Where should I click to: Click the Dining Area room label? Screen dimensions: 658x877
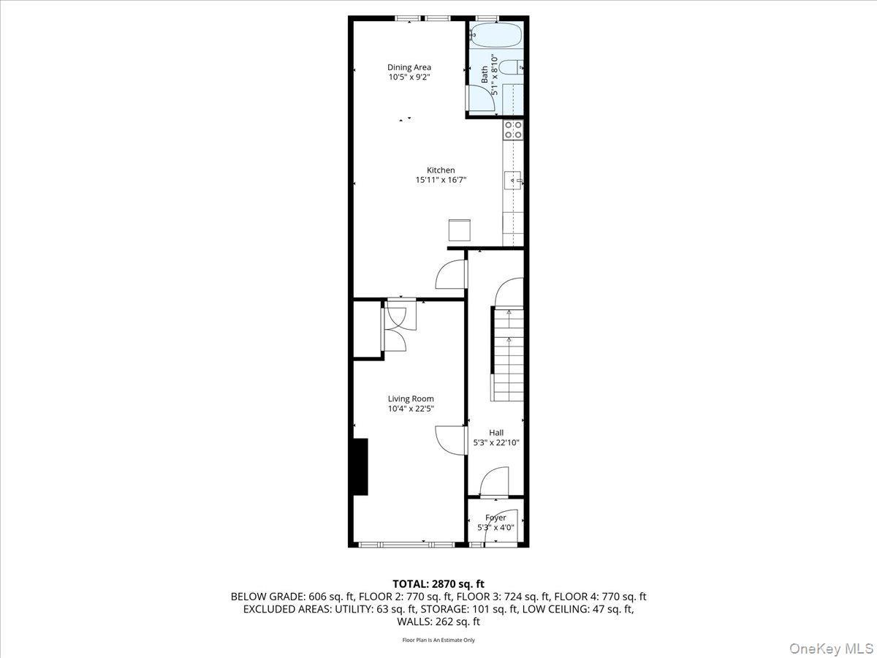[x=409, y=67]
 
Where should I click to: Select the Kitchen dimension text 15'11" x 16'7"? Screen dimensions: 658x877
[x=441, y=180]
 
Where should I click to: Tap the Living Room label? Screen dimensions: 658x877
[x=411, y=398]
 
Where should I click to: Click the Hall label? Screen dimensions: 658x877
[x=496, y=433]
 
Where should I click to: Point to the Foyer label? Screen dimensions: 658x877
[x=496, y=518]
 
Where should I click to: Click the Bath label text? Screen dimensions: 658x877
[x=484, y=74]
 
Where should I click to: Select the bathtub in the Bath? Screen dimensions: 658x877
[x=496, y=34]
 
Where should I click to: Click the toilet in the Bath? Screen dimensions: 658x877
[x=513, y=67]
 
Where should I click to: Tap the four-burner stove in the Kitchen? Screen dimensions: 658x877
[x=513, y=129]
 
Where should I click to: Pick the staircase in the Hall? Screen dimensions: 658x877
[x=508, y=354]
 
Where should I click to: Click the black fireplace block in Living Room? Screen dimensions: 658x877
[x=360, y=467]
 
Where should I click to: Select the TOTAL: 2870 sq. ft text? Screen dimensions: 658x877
[x=438, y=583]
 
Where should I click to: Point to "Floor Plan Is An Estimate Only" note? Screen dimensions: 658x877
[x=438, y=640]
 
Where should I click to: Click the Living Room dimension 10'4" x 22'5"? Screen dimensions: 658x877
[x=411, y=409]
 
